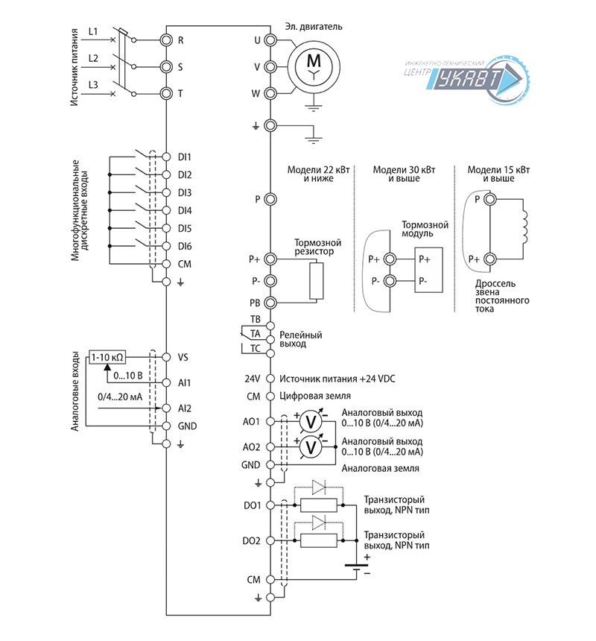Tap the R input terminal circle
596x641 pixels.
166,40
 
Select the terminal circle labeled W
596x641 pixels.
270,94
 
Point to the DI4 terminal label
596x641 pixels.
184,210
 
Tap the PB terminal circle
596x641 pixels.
270,303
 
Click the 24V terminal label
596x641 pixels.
252,379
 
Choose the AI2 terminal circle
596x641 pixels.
166,408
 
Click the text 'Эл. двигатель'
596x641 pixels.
314,27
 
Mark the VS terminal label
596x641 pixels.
183,356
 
